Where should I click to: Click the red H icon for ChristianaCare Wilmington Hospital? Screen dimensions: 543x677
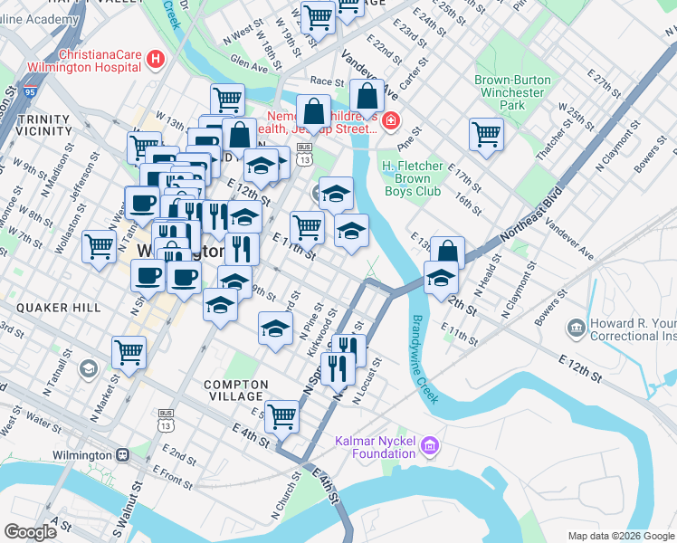point(157,61)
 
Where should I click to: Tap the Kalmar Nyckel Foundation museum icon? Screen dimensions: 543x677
point(430,445)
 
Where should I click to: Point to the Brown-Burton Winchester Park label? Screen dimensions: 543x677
point(512,92)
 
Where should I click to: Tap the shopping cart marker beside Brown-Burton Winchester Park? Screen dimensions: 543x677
point(486,134)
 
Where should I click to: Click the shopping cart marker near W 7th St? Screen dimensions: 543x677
point(99,244)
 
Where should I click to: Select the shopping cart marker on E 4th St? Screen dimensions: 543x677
point(282,415)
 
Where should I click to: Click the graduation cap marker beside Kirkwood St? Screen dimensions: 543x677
point(276,327)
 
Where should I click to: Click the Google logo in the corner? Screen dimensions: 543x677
point(30,532)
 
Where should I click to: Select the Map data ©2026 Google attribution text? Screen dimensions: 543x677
point(620,536)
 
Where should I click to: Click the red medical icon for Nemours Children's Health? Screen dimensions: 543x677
point(390,120)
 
